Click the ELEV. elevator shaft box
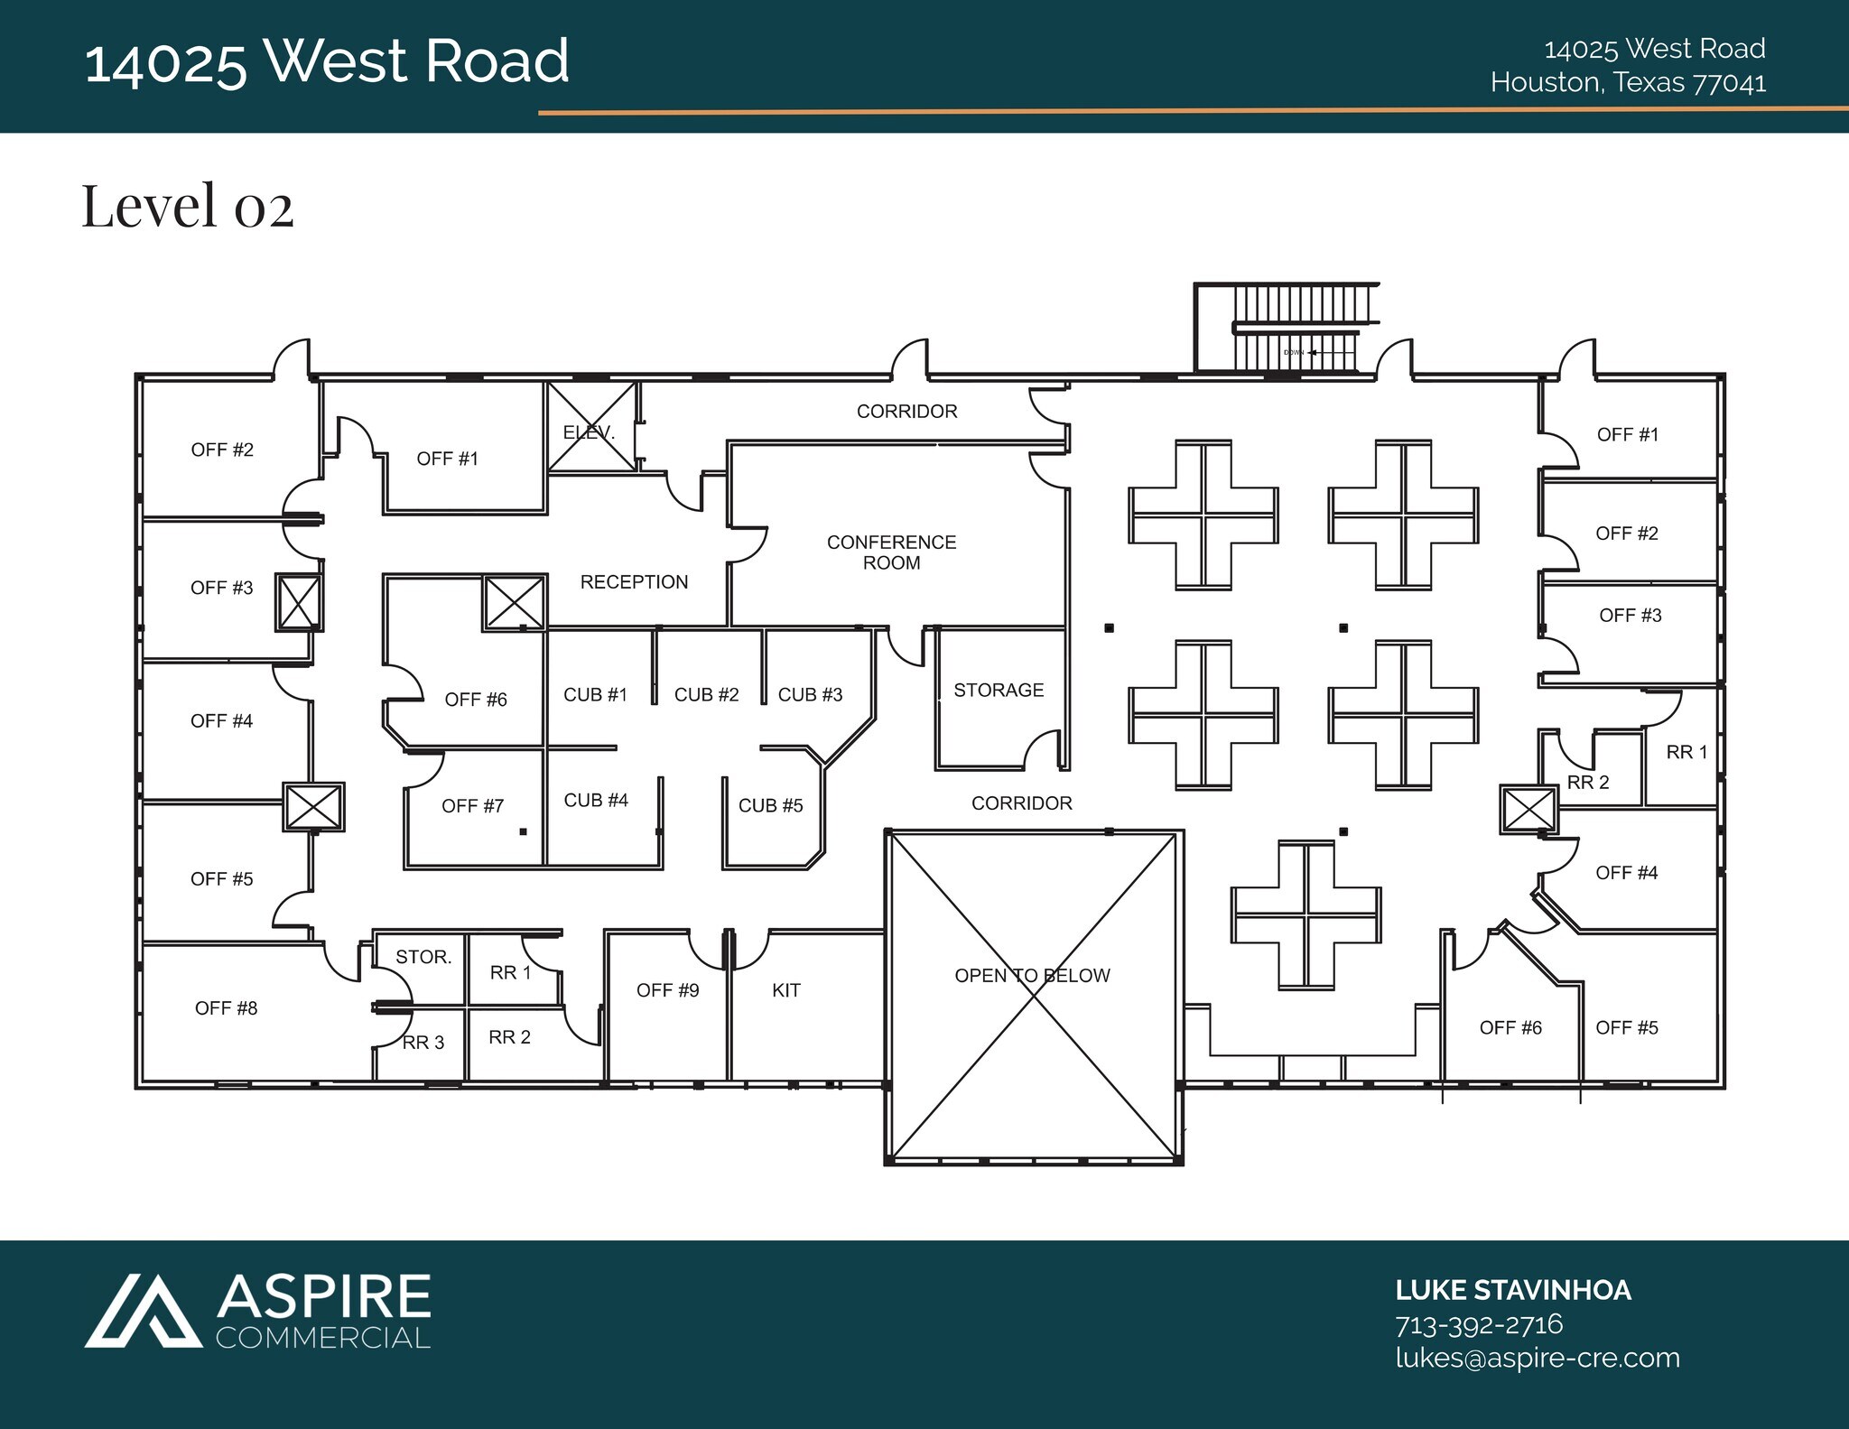(591, 427)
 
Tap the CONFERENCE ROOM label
(891, 552)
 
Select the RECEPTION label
(634, 582)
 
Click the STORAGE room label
(999, 691)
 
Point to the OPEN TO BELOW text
(1032, 976)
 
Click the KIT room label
(785, 990)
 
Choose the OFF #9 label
(667, 990)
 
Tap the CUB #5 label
(770, 806)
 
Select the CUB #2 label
(706, 695)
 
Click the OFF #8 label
(226, 1008)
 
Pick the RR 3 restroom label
(423, 1043)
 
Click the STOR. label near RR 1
(423, 957)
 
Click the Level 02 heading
(188, 206)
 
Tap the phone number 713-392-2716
(1479, 1324)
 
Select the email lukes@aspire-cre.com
(1537, 1358)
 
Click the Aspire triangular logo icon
(143, 1311)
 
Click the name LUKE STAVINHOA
(1513, 1291)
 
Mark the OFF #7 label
(472, 806)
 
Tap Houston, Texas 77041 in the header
(1628, 83)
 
